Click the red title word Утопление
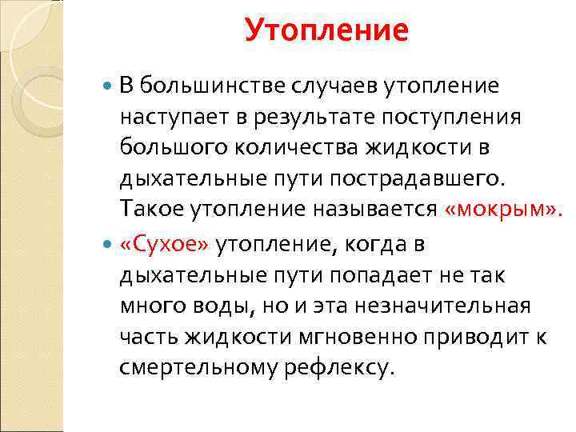pos(326,31)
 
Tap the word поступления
pos(454,117)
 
